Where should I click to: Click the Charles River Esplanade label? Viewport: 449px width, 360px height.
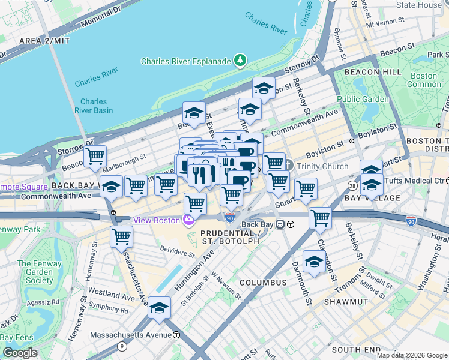(x=185, y=61)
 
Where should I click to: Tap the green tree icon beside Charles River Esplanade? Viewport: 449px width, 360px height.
(x=240, y=61)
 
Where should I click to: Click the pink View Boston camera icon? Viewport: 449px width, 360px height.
(x=188, y=220)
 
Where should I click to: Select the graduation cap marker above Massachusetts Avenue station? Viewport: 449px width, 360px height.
(x=159, y=308)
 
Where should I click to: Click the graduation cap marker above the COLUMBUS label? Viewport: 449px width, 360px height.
(x=314, y=262)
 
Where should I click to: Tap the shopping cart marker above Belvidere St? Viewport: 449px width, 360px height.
(x=122, y=236)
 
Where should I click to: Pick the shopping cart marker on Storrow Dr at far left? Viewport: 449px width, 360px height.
(x=95, y=157)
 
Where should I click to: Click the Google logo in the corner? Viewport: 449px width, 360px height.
(x=20, y=353)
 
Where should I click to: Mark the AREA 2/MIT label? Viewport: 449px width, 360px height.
(x=44, y=41)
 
